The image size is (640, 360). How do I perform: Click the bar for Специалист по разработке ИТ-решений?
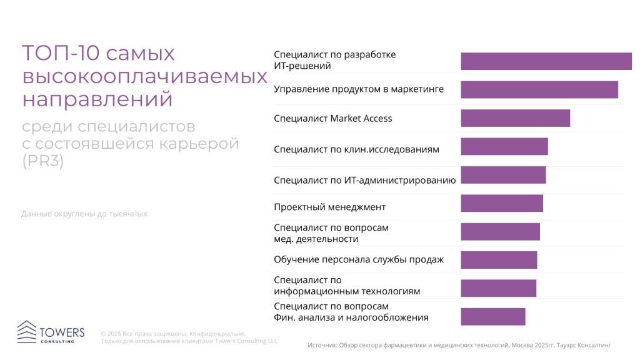[546, 61]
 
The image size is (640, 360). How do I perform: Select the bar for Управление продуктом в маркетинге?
[539, 89]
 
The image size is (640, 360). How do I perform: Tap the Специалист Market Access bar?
[515, 118]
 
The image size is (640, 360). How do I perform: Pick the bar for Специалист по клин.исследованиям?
[504, 146]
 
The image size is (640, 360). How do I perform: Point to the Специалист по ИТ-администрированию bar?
[503, 175]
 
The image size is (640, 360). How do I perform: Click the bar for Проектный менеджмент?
[501, 203]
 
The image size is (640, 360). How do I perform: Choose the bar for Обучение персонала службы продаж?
[499, 259]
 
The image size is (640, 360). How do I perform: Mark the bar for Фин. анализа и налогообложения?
[492, 316]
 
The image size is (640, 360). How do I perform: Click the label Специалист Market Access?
[332, 118]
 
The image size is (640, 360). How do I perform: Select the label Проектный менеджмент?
[329, 207]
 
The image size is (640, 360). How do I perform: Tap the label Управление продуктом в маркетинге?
[358, 89]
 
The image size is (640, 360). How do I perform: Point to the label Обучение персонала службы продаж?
[358, 259]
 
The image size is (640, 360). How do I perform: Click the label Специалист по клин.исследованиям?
[356, 149]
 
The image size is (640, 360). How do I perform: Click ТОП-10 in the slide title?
[61, 54]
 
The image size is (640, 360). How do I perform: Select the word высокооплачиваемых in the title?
[144, 76]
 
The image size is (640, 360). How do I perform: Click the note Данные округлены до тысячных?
[84, 214]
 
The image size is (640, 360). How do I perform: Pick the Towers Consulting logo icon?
[27, 331]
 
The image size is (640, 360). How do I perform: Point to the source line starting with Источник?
[459, 344]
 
